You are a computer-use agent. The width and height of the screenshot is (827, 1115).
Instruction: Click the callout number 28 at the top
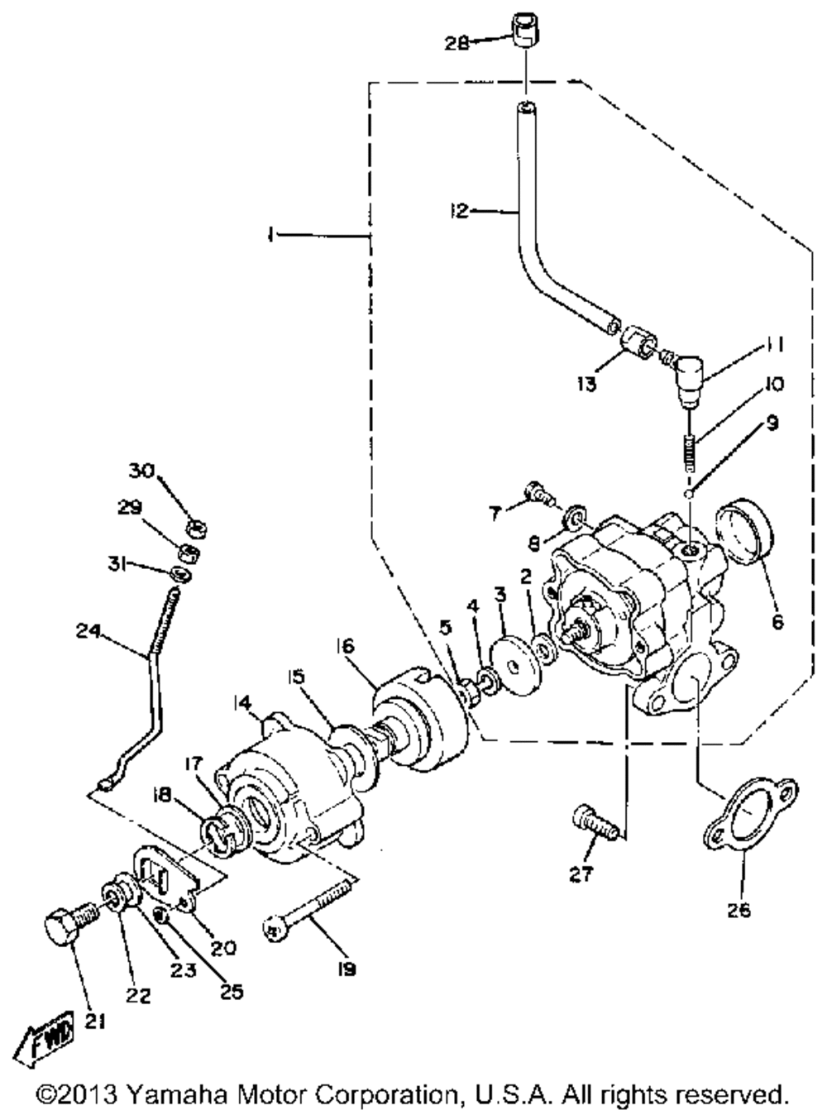point(456,43)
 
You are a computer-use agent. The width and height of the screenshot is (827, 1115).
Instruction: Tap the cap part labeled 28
point(526,31)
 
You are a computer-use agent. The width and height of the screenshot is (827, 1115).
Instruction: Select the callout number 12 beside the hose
point(459,211)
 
